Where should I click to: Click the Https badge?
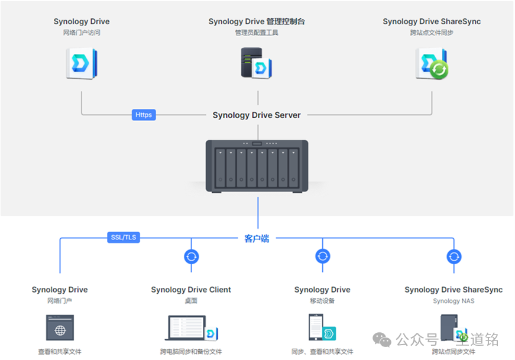coord(144,115)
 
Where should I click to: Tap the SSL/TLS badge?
coord(123,238)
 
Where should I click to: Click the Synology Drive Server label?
coord(257,115)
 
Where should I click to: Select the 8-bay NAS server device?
coord(257,166)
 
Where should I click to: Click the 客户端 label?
coord(257,238)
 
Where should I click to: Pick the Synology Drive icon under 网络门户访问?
coord(82,64)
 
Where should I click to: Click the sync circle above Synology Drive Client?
coord(191,257)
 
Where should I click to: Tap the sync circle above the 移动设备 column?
coord(322,257)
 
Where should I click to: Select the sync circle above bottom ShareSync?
coord(454,257)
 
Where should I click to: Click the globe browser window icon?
coord(60,327)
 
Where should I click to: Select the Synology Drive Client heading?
coord(191,290)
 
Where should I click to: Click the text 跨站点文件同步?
coord(432,33)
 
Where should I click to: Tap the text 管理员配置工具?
coord(257,33)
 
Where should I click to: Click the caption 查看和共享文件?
coord(60,352)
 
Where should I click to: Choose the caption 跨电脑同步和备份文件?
coord(191,352)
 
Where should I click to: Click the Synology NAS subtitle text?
coord(454,301)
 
